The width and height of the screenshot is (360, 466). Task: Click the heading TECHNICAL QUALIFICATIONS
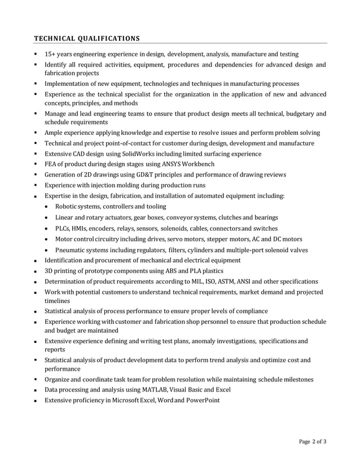(x=87, y=38)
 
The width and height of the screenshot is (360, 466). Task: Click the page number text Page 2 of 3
(x=313, y=442)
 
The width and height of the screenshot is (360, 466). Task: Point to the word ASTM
(x=226, y=282)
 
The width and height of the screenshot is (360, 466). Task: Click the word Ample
(x=55, y=133)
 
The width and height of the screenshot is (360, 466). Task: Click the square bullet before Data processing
(x=36, y=390)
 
